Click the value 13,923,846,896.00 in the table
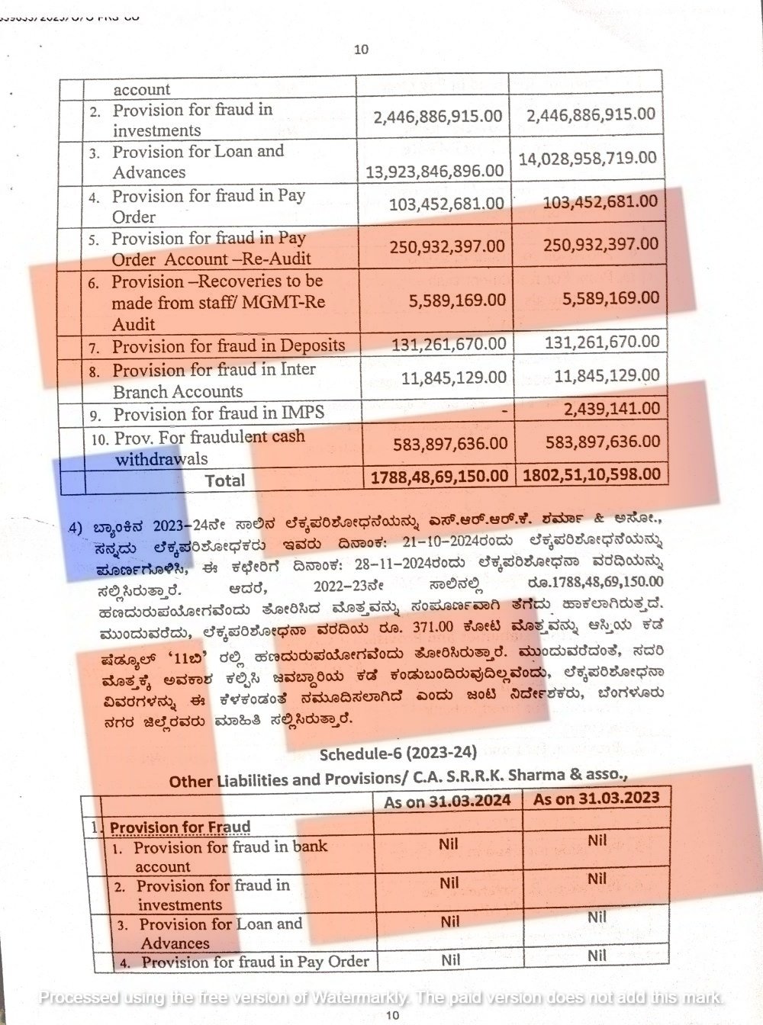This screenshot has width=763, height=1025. [x=435, y=170]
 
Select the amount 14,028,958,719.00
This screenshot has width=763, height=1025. [x=588, y=158]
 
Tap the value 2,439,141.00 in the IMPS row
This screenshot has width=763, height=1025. [x=612, y=409]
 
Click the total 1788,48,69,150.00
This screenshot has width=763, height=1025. [x=439, y=475]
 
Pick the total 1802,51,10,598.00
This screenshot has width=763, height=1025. [x=592, y=474]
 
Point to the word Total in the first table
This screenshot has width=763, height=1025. [x=224, y=480]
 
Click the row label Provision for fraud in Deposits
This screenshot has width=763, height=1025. [x=228, y=346]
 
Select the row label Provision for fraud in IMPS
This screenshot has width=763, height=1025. [x=219, y=414]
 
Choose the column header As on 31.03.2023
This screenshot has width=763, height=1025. [x=597, y=798]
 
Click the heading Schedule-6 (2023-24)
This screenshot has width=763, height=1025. [x=398, y=753]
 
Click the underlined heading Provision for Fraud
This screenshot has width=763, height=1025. [x=180, y=827]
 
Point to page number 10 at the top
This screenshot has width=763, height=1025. [x=362, y=50]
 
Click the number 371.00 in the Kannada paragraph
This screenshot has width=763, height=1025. [x=433, y=627]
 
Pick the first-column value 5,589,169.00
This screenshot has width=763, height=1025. [x=457, y=300]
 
